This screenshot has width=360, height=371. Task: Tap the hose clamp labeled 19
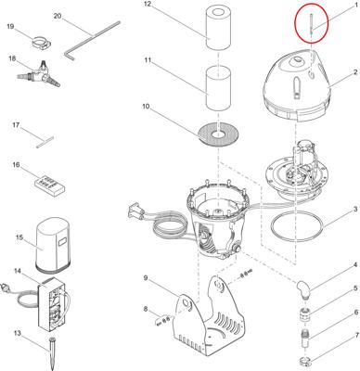click(42, 43)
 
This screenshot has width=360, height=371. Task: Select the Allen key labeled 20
click(92, 40)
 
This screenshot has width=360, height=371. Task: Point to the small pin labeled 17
click(45, 142)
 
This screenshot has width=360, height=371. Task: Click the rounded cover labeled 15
click(55, 244)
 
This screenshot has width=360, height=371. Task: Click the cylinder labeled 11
click(218, 87)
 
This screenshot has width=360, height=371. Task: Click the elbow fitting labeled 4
click(305, 288)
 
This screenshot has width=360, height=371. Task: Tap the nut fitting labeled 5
click(305, 313)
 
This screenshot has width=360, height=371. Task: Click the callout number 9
click(146, 278)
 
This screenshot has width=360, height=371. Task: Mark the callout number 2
click(355, 72)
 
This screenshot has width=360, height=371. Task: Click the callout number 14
click(18, 271)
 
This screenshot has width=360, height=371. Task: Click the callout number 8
click(146, 309)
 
